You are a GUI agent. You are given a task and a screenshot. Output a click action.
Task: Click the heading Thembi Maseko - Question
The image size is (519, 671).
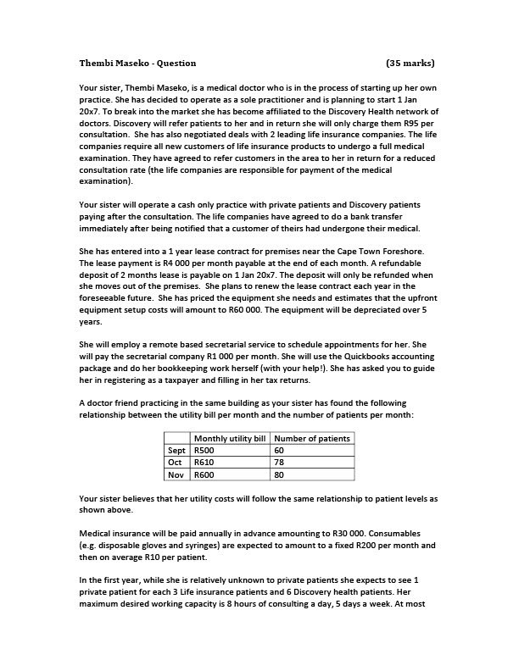point(137,63)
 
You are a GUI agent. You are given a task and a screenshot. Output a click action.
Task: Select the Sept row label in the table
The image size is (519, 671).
point(176,451)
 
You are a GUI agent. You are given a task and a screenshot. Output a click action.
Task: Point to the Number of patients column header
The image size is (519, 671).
point(313,438)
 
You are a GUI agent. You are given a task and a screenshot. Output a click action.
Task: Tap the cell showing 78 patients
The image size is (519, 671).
point(280,463)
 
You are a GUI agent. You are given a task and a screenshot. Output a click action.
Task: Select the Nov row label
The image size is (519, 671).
point(177,474)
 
